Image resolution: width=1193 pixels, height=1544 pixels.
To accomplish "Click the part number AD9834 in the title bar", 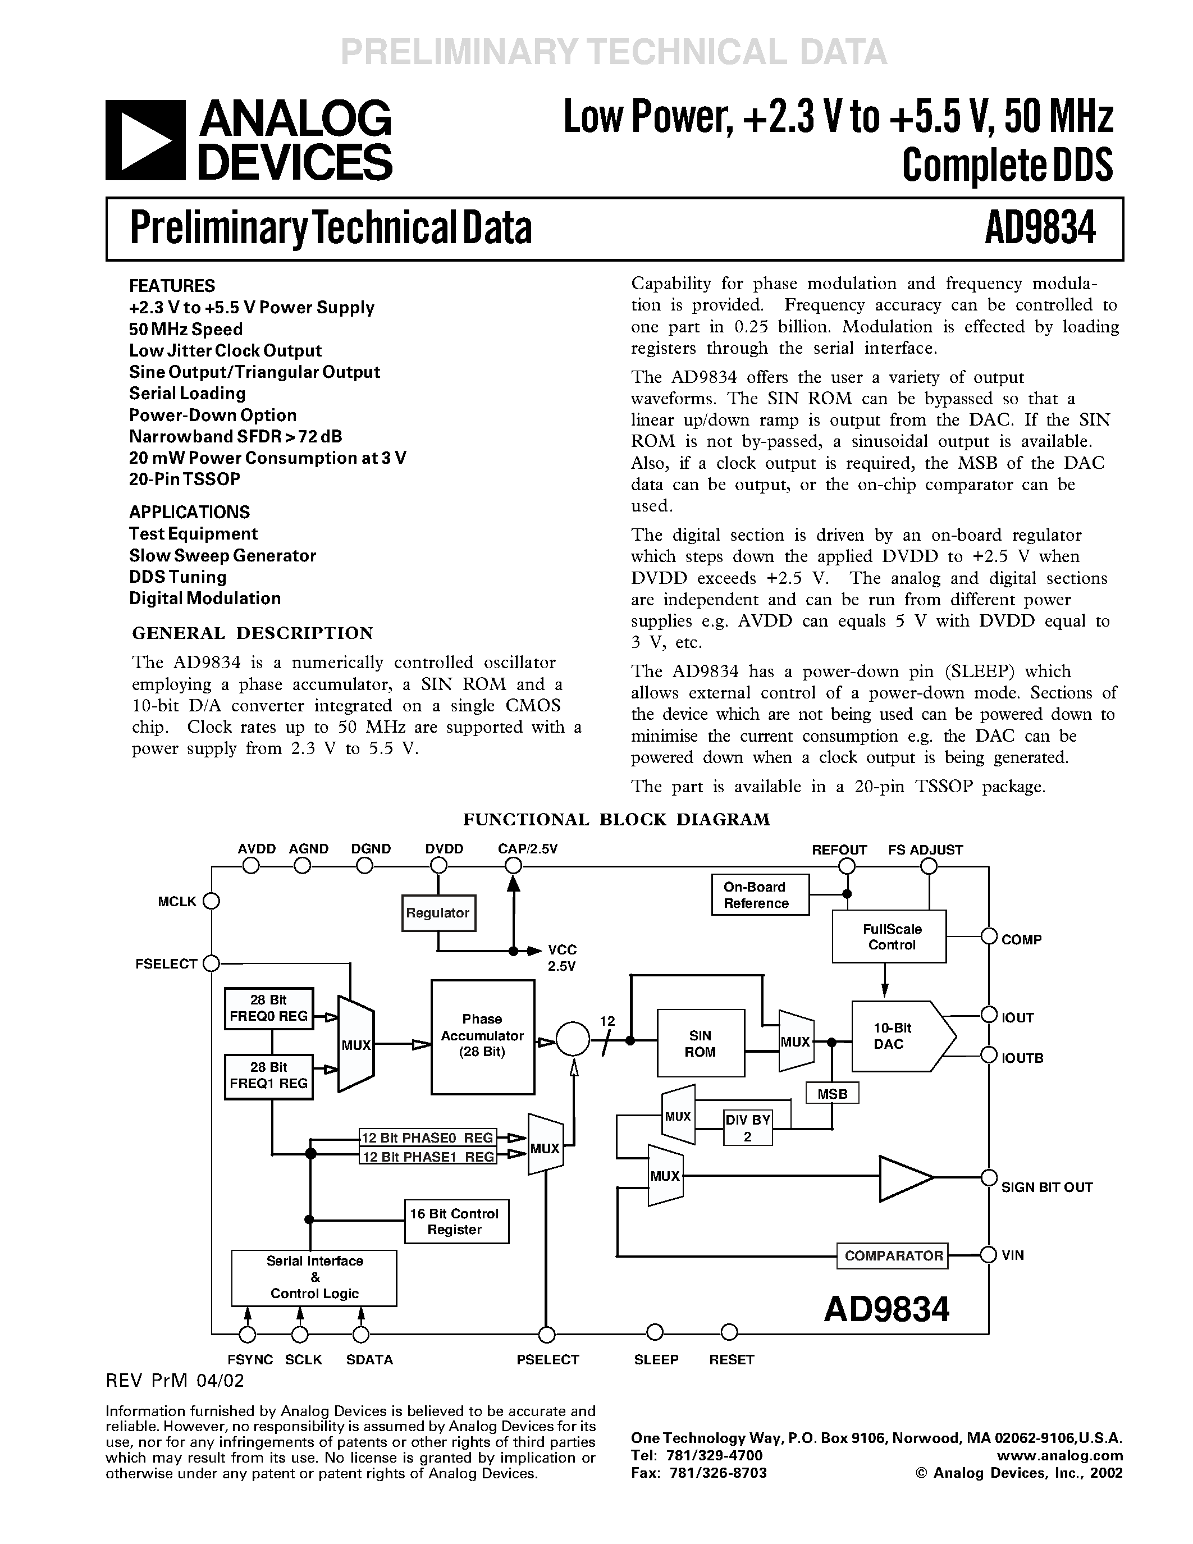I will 1040,229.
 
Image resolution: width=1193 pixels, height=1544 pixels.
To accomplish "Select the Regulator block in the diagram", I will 437,913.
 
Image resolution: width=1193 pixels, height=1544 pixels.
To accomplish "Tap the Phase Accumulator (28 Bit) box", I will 483,1036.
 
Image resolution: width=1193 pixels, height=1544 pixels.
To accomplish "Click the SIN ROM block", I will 701,1044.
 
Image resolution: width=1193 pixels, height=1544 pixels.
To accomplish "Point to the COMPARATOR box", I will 893,1255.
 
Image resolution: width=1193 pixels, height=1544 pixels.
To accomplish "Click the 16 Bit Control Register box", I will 456,1222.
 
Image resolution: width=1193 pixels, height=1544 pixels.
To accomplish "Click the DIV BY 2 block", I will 748,1127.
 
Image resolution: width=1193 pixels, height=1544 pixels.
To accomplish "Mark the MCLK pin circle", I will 211,901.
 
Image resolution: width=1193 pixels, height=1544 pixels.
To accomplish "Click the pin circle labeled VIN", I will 989,1255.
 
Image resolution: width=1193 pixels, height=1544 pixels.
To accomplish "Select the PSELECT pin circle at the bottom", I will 546,1335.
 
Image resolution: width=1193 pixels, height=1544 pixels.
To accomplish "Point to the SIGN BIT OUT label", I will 1046,1187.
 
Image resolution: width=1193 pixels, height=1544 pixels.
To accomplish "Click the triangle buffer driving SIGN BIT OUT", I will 903,1178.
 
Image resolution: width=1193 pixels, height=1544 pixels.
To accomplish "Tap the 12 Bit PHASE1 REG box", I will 428,1157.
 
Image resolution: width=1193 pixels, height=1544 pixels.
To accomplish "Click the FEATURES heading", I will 172,286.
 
